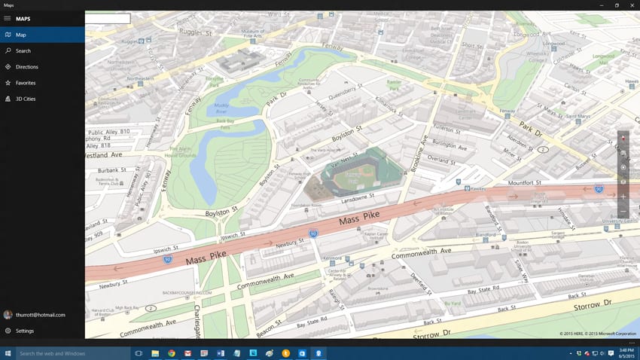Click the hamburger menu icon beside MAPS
(x=8, y=19)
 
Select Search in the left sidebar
(x=23, y=51)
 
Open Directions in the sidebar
(x=26, y=67)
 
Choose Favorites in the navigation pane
(x=26, y=83)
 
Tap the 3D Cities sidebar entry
(x=26, y=99)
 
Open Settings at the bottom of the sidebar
(x=24, y=331)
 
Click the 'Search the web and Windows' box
(x=72, y=353)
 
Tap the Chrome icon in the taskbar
(x=172, y=353)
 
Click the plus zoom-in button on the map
(x=623, y=197)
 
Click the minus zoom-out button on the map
(x=623, y=212)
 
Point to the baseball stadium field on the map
(x=351, y=177)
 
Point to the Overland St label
(x=441, y=160)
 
